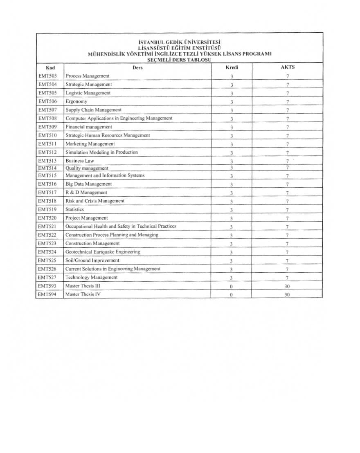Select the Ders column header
click(x=137, y=67)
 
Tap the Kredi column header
click(x=232, y=67)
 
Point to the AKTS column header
click(x=288, y=67)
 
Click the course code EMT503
click(x=47, y=76)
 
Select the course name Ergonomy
click(x=76, y=101)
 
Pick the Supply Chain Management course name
click(x=94, y=110)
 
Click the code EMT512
click(x=47, y=152)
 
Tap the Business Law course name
click(x=80, y=161)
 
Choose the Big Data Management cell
click(x=89, y=184)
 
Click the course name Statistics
click(x=75, y=209)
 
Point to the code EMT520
click(x=47, y=218)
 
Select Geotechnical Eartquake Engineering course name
click(x=103, y=252)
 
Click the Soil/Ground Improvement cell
click(x=92, y=260)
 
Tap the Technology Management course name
click(x=92, y=278)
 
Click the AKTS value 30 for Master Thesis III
click(x=287, y=287)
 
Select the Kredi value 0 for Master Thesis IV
click(x=232, y=295)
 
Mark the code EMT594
click(x=47, y=294)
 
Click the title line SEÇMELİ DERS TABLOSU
click(x=179, y=60)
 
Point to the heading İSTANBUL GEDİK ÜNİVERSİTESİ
click(x=180, y=42)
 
